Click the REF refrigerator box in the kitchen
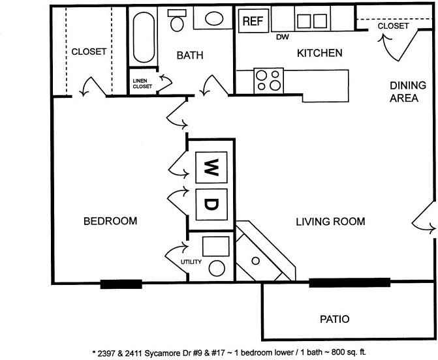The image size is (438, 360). tap(254, 21)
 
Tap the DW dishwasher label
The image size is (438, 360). tap(283, 37)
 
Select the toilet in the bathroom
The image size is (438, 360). tap(177, 20)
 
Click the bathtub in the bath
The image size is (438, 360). tap(144, 37)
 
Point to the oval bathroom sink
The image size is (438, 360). tap(214, 19)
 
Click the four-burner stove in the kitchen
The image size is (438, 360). tap(269, 81)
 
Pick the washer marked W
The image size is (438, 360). tap(211, 168)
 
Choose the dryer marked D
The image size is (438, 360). tap(211, 205)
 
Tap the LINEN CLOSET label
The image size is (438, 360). tap(142, 83)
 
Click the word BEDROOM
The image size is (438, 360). tap(110, 221)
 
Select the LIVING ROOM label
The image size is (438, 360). tap(330, 222)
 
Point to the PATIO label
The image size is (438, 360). tap(335, 319)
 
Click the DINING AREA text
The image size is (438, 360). tap(408, 91)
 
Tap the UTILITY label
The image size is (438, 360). tap(191, 262)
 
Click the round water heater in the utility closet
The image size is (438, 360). tap(217, 269)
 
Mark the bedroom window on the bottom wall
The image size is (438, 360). tap(121, 284)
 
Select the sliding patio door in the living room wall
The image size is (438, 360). tap(349, 282)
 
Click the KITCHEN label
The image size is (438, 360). tap(320, 53)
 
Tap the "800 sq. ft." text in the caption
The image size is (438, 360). tap(349, 352)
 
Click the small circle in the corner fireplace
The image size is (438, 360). tap(256, 261)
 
